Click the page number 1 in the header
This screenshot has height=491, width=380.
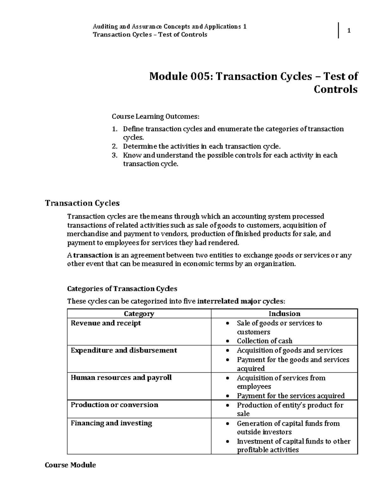click(349, 31)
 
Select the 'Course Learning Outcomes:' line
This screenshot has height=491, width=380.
click(155, 117)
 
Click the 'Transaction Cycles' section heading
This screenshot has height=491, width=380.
click(82, 203)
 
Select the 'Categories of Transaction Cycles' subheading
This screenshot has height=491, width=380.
click(122, 289)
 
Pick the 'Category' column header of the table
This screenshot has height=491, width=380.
click(139, 314)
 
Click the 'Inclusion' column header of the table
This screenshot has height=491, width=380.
click(284, 314)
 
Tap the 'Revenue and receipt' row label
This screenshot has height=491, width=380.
click(106, 323)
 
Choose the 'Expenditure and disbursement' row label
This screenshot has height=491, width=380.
click(124, 350)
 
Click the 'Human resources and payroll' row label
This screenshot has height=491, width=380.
click(121, 377)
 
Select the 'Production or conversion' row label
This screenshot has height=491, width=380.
click(114, 405)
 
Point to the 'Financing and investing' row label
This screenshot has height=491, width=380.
click(111, 423)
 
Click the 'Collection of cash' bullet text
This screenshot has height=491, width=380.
click(264, 341)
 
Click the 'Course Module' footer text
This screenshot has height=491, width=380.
click(70, 465)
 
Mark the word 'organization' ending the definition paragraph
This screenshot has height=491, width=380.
click(275, 264)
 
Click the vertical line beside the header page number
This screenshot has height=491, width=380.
click(339, 31)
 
